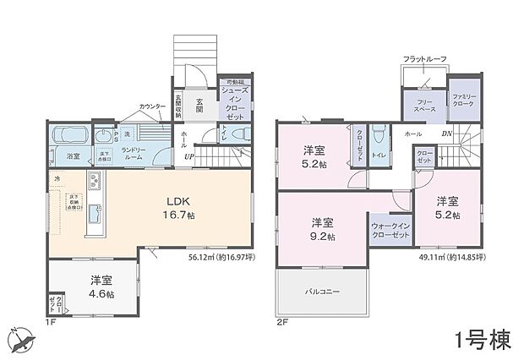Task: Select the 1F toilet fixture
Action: pyautogui.click(x=237, y=134)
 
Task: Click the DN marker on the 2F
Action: pyautogui.click(x=449, y=134)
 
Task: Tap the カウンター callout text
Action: pyautogui.click(x=153, y=108)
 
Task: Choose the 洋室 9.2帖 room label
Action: pyautogui.click(x=321, y=229)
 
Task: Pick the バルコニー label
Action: pyautogui.click(x=323, y=292)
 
